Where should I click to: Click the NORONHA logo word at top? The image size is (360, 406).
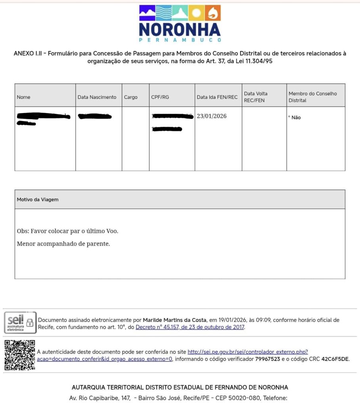point(180,30)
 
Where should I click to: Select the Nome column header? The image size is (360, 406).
point(23,97)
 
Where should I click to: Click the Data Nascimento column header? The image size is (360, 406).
point(97,97)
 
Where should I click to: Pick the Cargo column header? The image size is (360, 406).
point(130,97)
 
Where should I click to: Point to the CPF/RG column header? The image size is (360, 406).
point(160,97)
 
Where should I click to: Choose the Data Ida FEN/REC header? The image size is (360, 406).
point(217,97)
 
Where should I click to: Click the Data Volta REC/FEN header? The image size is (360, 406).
point(256,97)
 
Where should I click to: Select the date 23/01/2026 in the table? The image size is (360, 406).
point(212,116)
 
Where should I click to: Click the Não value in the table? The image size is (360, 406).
point(296,118)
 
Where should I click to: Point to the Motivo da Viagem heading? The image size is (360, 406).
point(37,199)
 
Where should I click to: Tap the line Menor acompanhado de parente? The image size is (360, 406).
point(63,243)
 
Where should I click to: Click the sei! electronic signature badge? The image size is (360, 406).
point(20,322)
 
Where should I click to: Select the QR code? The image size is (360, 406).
point(19,355)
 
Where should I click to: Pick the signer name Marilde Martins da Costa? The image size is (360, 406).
point(174,320)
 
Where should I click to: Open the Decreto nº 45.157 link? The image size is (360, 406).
point(190,327)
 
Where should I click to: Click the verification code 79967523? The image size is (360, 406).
point(267,359)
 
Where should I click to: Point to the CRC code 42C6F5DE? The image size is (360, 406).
point(335,359)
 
